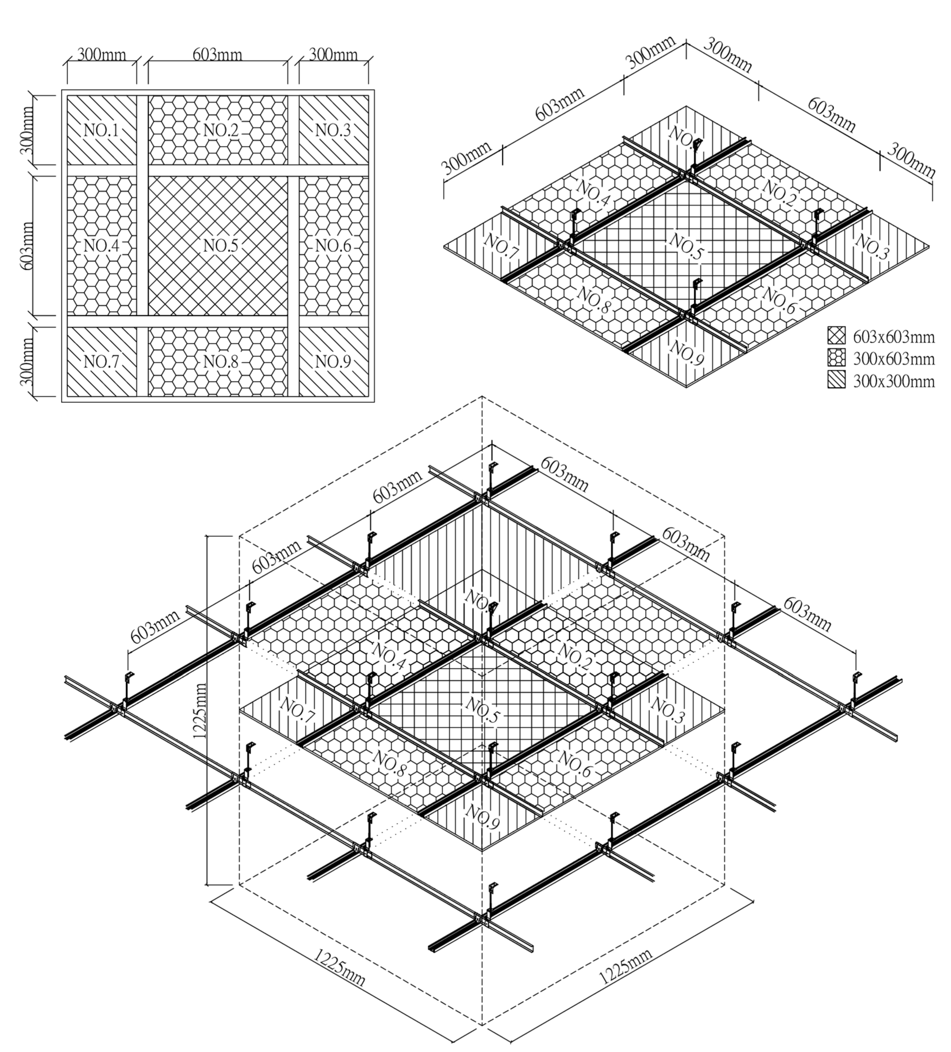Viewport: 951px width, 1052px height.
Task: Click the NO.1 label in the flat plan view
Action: pos(101,130)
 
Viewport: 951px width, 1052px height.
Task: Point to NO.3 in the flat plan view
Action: pos(333,130)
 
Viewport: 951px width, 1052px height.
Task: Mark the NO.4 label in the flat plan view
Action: pos(101,245)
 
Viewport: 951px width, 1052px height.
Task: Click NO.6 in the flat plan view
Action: pos(333,245)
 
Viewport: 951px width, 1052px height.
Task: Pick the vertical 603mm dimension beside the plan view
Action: pos(27,245)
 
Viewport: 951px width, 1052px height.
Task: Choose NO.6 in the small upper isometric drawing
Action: pos(779,301)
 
